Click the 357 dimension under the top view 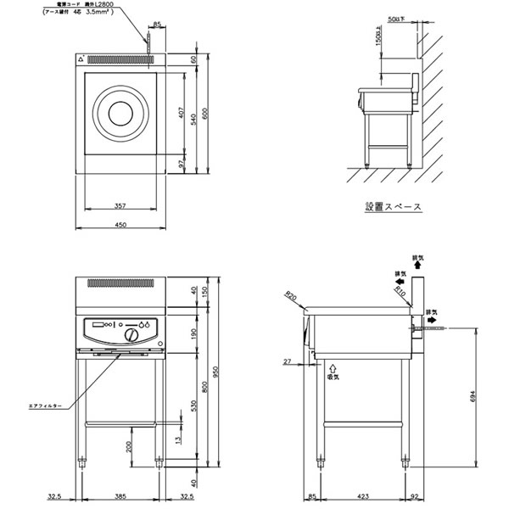pyautogui.click(x=120, y=205)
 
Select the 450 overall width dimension pyautogui.click(x=120, y=224)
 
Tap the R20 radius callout pyautogui.click(x=291, y=296)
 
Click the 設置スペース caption pyautogui.click(x=392, y=206)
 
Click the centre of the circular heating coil pyautogui.click(x=120, y=114)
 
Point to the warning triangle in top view pyautogui.click(x=82, y=60)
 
